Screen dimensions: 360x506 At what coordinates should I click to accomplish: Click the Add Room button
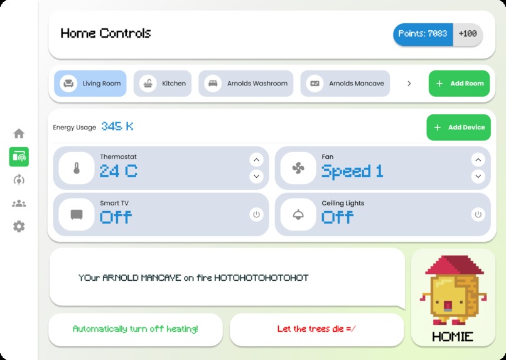(459, 84)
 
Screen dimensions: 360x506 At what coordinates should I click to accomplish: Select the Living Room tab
(90, 84)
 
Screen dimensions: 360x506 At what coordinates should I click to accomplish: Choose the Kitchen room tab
(163, 84)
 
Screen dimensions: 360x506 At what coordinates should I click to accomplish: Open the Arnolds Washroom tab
(247, 84)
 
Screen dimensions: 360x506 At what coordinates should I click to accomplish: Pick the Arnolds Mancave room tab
(345, 84)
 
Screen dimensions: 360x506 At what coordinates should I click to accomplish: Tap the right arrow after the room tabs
(409, 84)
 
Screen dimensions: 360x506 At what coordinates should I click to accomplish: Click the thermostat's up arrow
(256, 160)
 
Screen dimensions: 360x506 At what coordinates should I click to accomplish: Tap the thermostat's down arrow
(256, 177)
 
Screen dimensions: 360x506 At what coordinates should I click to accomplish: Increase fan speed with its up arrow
(478, 160)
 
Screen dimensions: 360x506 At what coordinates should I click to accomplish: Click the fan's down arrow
(478, 177)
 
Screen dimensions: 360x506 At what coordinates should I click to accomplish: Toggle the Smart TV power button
(256, 215)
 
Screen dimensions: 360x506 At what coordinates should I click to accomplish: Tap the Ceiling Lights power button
(478, 215)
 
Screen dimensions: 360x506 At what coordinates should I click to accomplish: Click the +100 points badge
(468, 34)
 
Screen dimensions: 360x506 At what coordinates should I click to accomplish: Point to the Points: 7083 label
(423, 34)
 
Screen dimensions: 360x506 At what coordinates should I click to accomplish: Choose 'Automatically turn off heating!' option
(136, 329)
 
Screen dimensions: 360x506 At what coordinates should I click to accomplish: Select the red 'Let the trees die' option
(316, 329)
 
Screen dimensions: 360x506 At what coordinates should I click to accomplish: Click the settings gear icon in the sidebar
(19, 227)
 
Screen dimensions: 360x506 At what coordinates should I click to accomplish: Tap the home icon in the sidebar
(19, 133)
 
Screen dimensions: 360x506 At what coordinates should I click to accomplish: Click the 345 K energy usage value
(117, 126)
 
